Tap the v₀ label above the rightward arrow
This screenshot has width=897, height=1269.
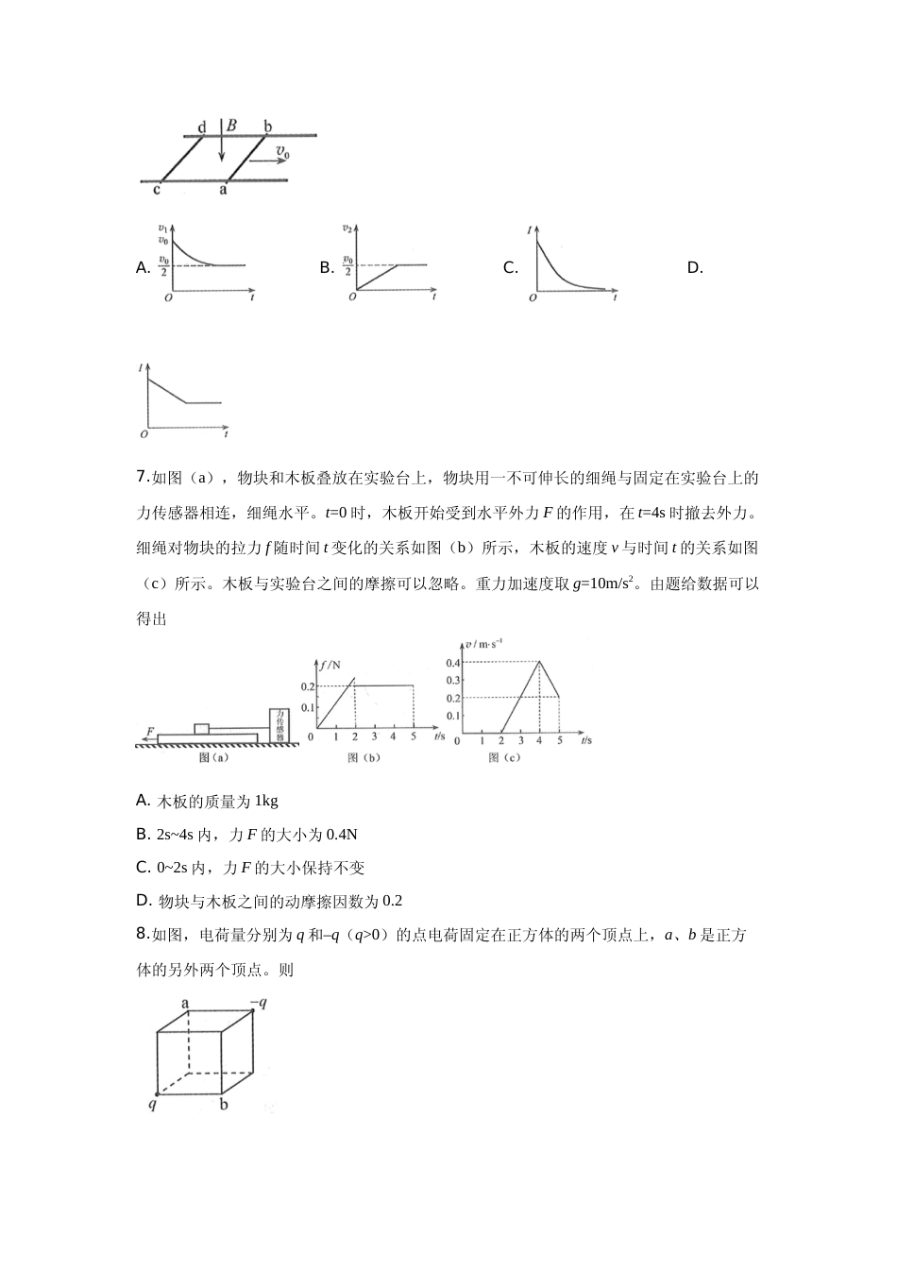(282, 150)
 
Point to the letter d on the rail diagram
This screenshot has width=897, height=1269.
(201, 127)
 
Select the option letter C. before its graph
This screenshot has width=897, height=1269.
(510, 268)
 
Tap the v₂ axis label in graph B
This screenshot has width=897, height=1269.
(347, 229)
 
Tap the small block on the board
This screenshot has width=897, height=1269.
(201, 728)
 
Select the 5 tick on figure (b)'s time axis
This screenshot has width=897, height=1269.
(414, 737)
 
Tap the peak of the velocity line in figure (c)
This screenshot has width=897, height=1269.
(539, 661)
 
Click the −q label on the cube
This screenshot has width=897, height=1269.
(257, 1003)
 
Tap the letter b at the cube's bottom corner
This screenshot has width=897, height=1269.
(224, 1103)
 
